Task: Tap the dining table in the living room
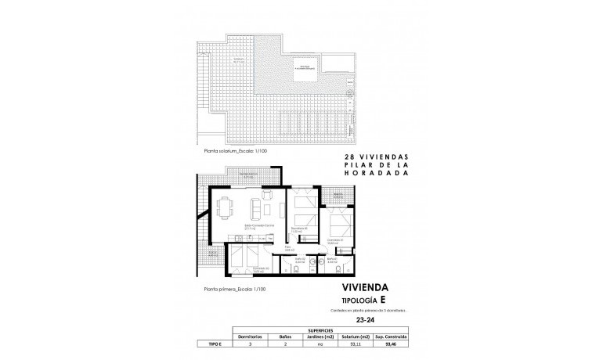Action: coord(226,209)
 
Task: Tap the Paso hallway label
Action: coord(288,247)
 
